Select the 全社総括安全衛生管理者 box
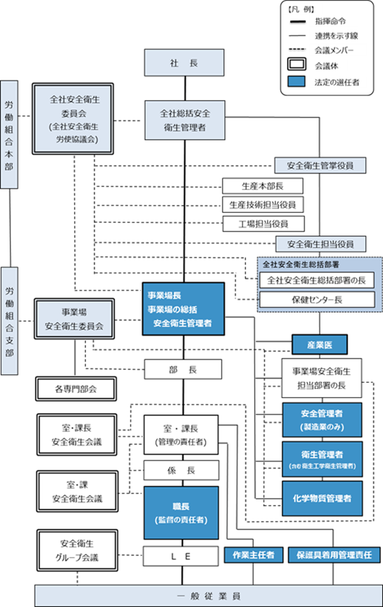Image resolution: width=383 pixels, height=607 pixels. tap(185, 120)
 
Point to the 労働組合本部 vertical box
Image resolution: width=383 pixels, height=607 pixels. tap(10, 134)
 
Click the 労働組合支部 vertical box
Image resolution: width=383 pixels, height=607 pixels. tap(10, 320)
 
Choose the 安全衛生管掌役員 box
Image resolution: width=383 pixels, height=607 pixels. tap(320, 166)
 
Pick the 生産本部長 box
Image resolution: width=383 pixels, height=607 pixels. tap(262, 186)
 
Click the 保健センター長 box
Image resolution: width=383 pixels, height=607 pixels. tap(317, 300)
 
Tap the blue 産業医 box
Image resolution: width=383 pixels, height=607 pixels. tap(319, 344)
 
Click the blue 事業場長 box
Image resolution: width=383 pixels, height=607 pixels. tap(183, 309)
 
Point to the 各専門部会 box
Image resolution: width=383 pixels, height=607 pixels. tap(76, 389)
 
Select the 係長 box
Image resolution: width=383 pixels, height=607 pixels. tap(181, 471)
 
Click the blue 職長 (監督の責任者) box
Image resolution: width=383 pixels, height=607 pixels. tap(181, 513)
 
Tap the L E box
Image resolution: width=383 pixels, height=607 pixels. tap(181, 556)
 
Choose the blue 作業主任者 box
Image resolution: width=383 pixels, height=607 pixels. tap(253, 555)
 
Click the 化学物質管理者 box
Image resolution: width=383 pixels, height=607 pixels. tap(322, 498)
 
